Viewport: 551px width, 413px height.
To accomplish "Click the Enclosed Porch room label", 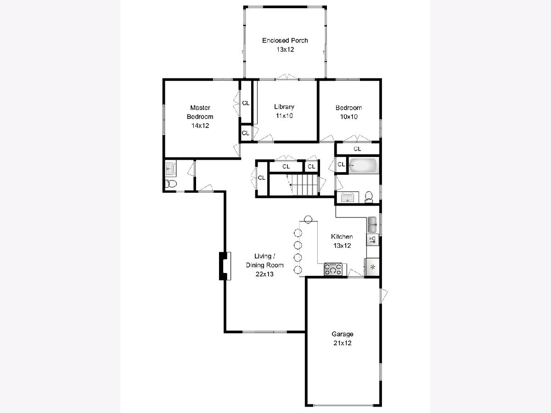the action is pyautogui.click(x=285, y=41).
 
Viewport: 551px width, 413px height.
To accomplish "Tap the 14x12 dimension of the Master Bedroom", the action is pyautogui.click(x=200, y=126).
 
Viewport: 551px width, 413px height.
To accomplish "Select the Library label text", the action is pyautogui.click(x=284, y=107).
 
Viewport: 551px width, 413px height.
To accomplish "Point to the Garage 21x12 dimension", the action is pyautogui.click(x=343, y=343).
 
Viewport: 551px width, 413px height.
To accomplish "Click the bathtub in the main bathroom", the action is pyautogui.click(x=364, y=166).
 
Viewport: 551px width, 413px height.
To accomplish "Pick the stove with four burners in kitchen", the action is pyautogui.click(x=333, y=269).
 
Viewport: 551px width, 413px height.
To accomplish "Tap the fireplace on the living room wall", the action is pyautogui.click(x=225, y=266).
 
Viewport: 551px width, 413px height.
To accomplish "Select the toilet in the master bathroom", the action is pyautogui.click(x=171, y=184).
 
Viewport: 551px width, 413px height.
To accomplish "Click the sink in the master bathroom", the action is pyautogui.click(x=171, y=168).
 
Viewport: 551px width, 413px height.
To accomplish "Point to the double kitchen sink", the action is pyautogui.click(x=372, y=224).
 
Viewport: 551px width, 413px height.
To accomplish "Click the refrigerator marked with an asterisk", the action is pyautogui.click(x=372, y=268).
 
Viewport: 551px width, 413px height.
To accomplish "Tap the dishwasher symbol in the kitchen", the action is pyautogui.click(x=373, y=240).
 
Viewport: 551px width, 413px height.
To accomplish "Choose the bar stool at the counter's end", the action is pyautogui.click(x=308, y=219).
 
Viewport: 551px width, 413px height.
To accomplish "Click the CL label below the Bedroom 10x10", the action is pyautogui.click(x=357, y=149).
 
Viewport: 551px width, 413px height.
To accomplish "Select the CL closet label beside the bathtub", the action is pyautogui.click(x=341, y=164).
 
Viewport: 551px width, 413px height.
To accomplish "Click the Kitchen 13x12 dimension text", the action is pyautogui.click(x=342, y=246).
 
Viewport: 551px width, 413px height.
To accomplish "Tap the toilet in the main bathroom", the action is pyautogui.click(x=369, y=196).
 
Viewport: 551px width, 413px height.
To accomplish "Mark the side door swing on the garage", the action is pyautogui.click(x=384, y=296).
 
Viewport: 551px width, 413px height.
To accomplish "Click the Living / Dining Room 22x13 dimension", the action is pyautogui.click(x=264, y=274).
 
